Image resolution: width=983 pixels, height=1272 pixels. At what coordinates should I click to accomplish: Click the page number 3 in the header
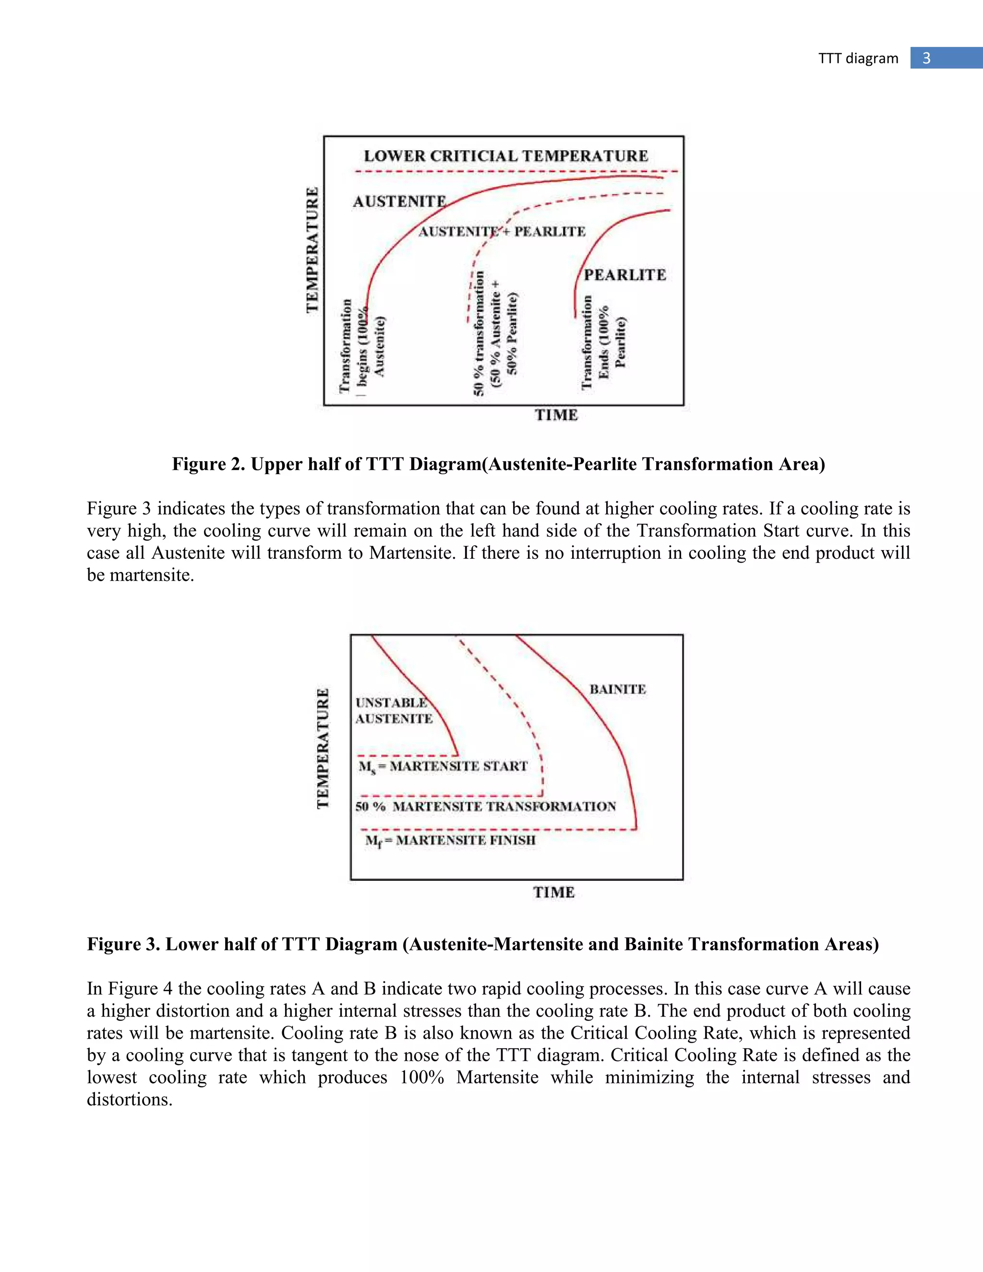[926, 58]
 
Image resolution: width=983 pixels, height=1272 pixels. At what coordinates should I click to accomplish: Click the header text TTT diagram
[858, 58]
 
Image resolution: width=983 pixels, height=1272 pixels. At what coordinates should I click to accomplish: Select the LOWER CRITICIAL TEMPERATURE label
[505, 156]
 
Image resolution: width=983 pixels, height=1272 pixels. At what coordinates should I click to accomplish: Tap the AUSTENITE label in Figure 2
[399, 202]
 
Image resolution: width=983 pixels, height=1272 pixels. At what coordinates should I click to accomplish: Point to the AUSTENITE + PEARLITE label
[502, 232]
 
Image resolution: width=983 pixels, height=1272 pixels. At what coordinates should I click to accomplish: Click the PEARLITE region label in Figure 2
[625, 275]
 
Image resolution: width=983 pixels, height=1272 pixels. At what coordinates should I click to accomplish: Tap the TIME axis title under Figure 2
[556, 415]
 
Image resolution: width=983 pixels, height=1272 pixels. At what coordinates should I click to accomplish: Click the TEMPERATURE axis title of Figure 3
[323, 749]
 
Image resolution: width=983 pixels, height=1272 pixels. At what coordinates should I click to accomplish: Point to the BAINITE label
[617, 690]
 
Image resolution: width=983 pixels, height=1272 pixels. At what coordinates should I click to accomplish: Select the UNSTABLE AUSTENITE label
[394, 710]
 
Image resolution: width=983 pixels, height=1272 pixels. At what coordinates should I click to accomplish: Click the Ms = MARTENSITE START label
[443, 767]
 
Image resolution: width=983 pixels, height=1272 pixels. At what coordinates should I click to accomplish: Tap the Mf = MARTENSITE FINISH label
[450, 840]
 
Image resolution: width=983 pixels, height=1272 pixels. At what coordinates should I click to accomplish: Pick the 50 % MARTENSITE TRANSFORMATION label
[486, 807]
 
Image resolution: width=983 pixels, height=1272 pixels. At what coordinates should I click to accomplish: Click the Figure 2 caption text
[499, 464]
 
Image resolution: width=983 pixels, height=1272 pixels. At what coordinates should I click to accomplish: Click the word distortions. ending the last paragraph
[129, 1100]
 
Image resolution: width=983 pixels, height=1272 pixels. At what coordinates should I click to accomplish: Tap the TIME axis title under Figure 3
[554, 892]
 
